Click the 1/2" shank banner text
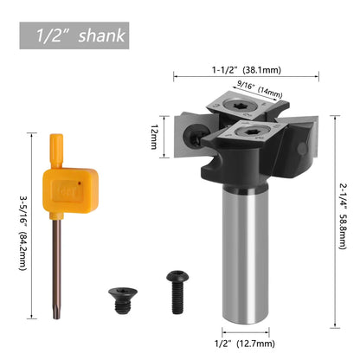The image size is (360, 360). (x=74, y=35)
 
